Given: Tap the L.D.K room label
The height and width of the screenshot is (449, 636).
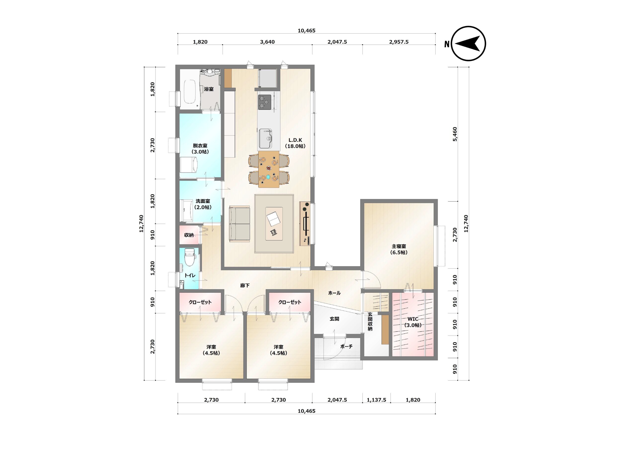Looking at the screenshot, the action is [295, 140].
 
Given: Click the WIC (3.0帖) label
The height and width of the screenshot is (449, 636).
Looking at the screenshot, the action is [413, 322].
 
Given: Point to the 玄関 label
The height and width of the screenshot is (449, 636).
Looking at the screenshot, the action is [334, 319].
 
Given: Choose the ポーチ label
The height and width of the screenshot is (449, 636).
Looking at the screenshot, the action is [346, 346].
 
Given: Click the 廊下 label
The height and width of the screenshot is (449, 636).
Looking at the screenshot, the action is [245, 285].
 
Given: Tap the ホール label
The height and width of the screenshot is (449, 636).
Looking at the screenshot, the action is [334, 293].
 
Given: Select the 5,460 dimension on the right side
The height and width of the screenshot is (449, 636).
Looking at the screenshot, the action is [455, 134].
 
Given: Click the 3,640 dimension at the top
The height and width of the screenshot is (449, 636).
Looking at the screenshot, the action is [267, 42].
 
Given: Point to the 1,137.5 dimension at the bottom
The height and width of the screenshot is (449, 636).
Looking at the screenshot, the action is [376, 400].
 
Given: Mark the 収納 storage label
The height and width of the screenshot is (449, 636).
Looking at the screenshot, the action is [189, 235].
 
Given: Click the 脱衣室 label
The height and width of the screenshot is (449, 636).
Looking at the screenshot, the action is [200, 146].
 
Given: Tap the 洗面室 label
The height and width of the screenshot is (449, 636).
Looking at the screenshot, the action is [203, 201].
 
